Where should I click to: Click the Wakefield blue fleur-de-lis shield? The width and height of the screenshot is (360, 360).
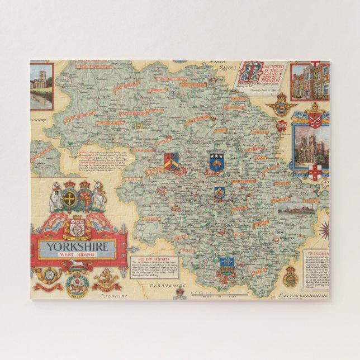click(219, 193)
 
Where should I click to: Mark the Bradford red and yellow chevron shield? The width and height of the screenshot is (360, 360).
click(171, 161)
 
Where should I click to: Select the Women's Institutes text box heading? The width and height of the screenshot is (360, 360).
click(150, 258)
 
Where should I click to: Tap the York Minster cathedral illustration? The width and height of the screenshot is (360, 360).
click(309, 145)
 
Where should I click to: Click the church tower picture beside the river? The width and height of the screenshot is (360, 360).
click(41, 86)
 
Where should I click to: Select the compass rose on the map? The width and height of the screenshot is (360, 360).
click(324, 228)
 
